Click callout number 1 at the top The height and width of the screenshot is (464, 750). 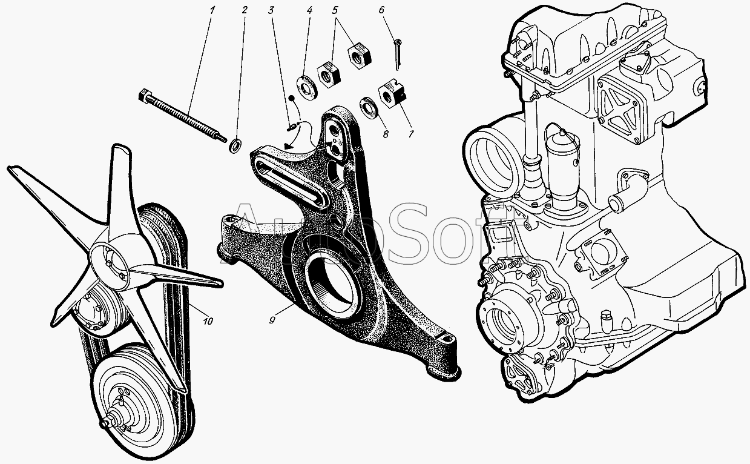tap(212, 10)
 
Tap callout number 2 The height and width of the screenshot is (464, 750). tap(245, 10)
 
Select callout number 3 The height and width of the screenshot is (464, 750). tap(271, 10)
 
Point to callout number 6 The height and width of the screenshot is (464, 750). tap(382, 10)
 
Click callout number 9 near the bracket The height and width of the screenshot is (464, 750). tap(272, 320)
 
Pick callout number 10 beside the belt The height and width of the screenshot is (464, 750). tap(208, 321)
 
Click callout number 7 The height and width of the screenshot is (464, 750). tap(410, 134)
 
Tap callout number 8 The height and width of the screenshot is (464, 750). tap(386, 134)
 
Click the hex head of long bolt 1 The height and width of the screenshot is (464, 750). tap(143, 94)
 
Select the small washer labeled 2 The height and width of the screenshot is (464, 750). tap(236, 146)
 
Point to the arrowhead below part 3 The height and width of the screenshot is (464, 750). tap(288, 146)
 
